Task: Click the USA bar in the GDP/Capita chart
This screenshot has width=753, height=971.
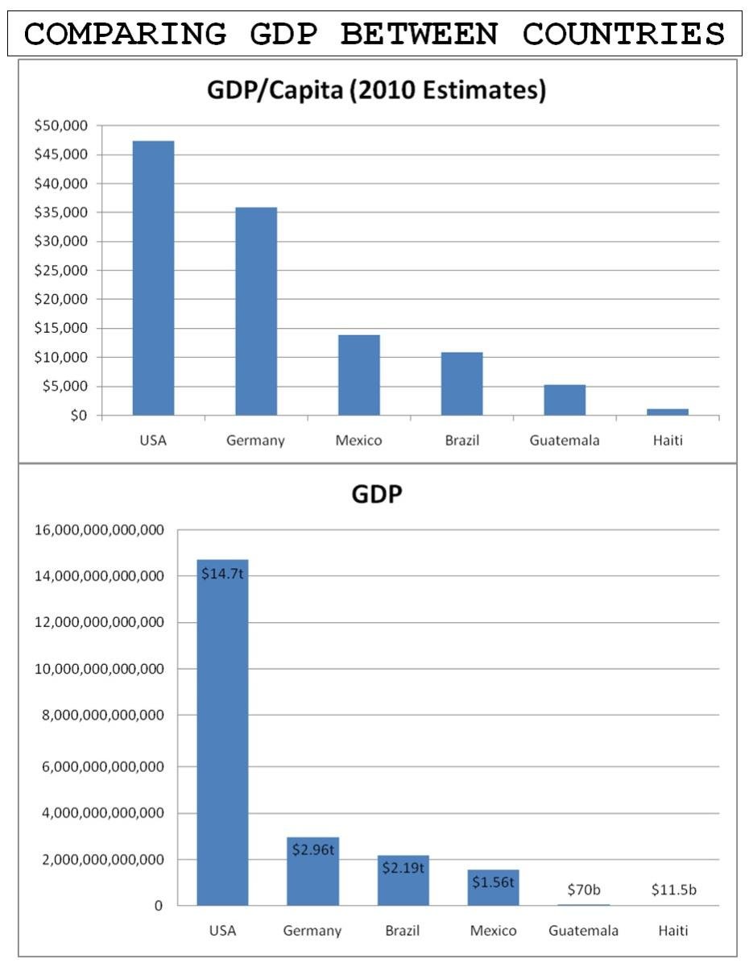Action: pos(153,278)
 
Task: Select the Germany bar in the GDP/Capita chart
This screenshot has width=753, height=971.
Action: pos(256,311)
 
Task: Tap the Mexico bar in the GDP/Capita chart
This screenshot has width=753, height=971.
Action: pos(358,375)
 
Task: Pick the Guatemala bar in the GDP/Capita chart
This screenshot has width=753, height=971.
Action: pos(565,400)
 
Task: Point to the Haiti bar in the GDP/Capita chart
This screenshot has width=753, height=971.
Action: pos(667,412)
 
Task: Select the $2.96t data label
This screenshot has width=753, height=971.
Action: pos(312,849)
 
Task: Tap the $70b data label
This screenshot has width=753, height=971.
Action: pos(584,890)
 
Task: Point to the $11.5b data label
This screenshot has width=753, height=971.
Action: pos(673,890)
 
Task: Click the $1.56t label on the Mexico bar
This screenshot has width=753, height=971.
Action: pos(493,882)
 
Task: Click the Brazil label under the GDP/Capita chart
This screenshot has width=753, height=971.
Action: pos(461,441)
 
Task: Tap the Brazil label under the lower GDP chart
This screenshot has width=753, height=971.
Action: pos(403,931)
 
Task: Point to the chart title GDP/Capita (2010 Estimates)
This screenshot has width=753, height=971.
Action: pos(376,91)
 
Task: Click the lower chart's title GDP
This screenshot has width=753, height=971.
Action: pos(376,494)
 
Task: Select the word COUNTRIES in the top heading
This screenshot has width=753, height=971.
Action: pos(623,35)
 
